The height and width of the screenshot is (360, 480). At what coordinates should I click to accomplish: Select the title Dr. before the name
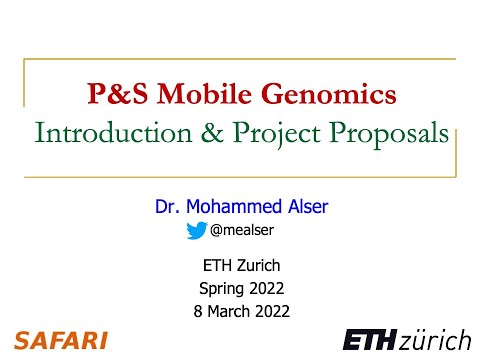[167, 208]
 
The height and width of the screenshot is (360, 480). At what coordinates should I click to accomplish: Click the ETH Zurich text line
[240, 266]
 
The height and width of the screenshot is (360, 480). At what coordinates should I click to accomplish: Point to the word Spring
[222, 288]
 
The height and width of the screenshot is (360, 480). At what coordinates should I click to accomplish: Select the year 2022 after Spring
[265, 288]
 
